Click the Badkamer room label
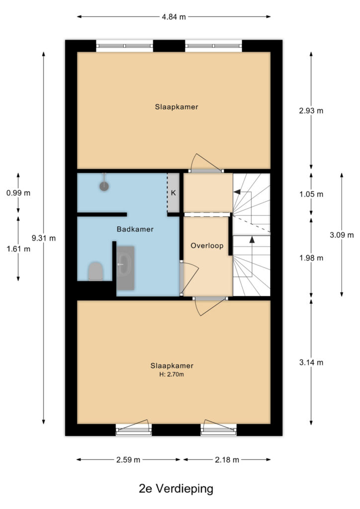pos(135,229)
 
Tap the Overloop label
pos(207,246)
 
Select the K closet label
pos(174,193)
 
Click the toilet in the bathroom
pos(96,271)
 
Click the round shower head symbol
pos(104,186)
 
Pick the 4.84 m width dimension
pos(174,17)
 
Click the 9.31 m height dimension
pos(43,238)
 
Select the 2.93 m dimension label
pos(311,111)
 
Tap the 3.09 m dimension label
pos(342,235)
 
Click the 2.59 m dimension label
pos(128,460)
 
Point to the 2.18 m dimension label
pos(227,460)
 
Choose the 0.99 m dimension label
pos(18,193)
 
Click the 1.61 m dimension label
pos(18,249)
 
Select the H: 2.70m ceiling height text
pos(172,374)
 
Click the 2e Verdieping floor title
pos(176,488)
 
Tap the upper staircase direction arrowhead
pos(237,192)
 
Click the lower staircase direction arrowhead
pos(252,240)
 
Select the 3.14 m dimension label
pos(311,362)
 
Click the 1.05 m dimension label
pos(311,194)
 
